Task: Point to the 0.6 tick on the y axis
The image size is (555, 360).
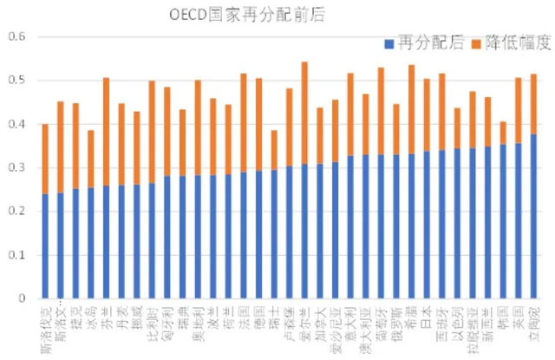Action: tap(17, 36)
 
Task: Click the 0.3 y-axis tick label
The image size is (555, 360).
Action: tap(17, 167)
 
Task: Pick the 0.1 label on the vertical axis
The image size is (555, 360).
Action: tap(17, 255)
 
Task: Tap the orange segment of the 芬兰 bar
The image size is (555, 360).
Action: tap(106, 131)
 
